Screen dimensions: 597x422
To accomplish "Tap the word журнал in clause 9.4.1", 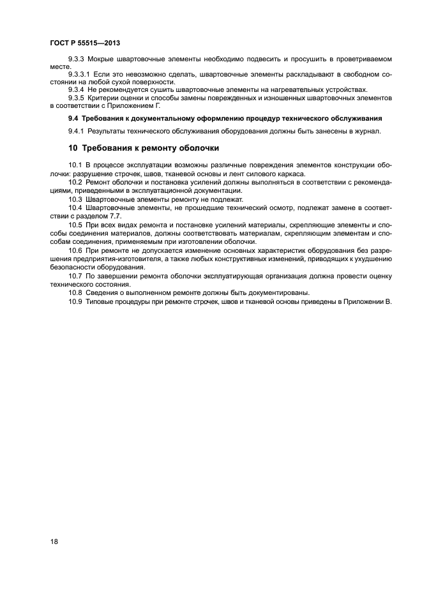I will coord(366,131).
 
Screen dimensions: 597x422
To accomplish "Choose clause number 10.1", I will coord(75,165).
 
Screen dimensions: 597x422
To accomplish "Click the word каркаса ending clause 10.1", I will coord(291,174).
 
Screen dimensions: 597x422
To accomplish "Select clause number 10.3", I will coord(75,199).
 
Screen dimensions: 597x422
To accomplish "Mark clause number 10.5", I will coord(75,225).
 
